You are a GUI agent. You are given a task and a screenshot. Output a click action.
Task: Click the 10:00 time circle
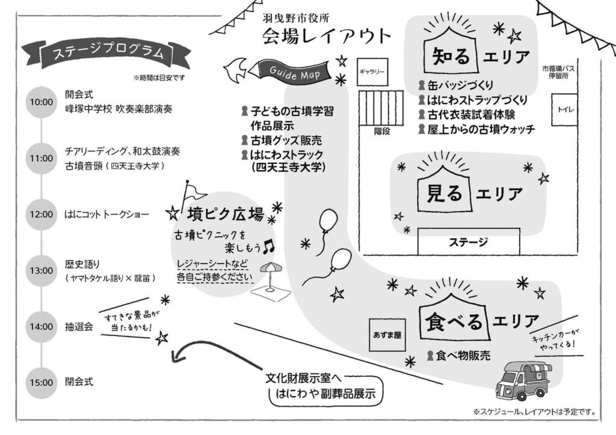coord(40,102)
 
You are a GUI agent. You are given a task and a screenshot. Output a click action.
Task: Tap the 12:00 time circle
coord(40,214)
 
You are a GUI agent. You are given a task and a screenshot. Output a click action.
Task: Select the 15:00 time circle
coord(40,382)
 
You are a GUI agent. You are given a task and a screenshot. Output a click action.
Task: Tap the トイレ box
coord(565,109)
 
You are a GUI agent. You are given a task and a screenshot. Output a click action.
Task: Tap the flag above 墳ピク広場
coord(194,191)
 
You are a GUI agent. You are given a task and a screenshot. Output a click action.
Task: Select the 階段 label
coord(381,131)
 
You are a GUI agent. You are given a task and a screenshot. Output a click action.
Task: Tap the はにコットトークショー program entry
coord(106,214)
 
